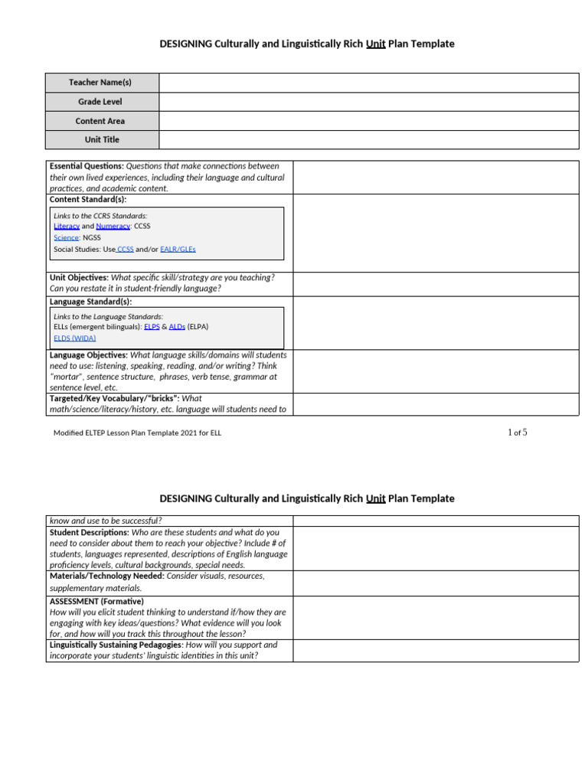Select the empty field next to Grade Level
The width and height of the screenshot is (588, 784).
[x=369, y=102]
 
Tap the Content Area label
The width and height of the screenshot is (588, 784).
[x=100, y=121]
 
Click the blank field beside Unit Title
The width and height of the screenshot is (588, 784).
[x=369, y=140]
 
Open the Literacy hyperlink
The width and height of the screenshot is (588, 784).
[x=67, y=227]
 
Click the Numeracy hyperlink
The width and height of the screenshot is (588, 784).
[x=113, y=227]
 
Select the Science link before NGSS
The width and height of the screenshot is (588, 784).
[x=66, y=237]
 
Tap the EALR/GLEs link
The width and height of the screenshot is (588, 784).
[x=178, y=249]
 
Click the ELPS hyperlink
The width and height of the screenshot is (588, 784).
[x=152, y=326]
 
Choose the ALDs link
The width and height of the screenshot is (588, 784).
[x=177, y=326]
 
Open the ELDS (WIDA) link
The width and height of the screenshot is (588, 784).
[x=75, y=338]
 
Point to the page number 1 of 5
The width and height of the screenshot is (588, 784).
[x=518, y=433]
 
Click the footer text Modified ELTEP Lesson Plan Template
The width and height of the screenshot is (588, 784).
[x=137, y=433]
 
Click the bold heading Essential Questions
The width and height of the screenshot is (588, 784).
[x=87, y=166]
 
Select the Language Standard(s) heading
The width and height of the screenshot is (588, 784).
[x=90, y=302]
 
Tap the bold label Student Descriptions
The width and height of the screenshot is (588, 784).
[x=89, y=532]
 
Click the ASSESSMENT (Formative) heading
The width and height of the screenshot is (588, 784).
[x=96, y=602]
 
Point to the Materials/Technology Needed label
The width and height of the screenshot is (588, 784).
[x=106, y=576]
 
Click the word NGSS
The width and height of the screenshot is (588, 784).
[x=91, y=237]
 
